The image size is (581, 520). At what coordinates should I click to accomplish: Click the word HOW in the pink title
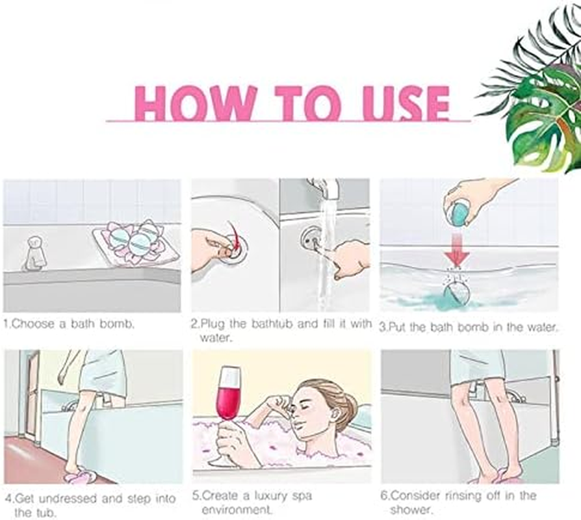[x=196, y=103]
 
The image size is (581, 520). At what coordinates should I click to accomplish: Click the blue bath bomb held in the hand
[x=459, y=213]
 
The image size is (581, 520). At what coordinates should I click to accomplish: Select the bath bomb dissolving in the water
[x=456, y=290]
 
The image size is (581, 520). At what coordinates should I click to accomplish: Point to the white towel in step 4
[x=102, y=372]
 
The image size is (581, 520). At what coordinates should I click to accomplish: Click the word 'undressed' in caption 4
[x=68, y=499]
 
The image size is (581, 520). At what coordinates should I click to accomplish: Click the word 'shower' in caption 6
[x=411, y=510]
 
